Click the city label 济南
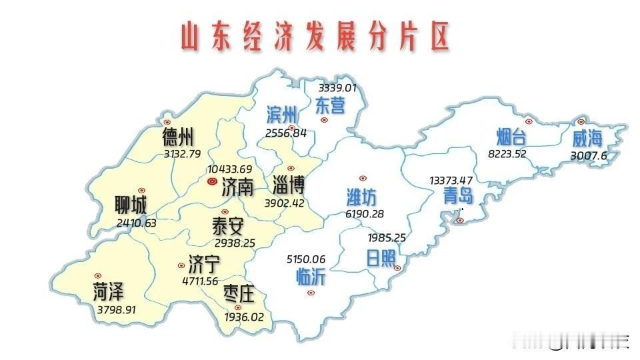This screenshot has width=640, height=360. click(237, 186)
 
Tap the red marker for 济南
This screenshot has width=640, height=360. click(212, 181)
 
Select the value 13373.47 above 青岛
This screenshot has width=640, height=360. click(451, 181)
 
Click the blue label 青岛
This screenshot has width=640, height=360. click(458, 195)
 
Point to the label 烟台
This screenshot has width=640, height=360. click(512, 137)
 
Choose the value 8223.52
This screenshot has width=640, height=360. click(511, 153)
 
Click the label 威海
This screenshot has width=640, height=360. click(587, 139)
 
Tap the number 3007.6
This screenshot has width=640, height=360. click(589, 156)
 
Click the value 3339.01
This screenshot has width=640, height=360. click(338, 87)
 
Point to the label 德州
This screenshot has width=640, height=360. click(178, 138)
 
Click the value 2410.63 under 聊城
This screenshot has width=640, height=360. click(136, 223)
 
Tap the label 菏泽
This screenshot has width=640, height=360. click(109, 291)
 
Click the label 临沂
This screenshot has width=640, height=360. click(311, 276)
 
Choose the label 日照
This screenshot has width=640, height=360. click(381, 259)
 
